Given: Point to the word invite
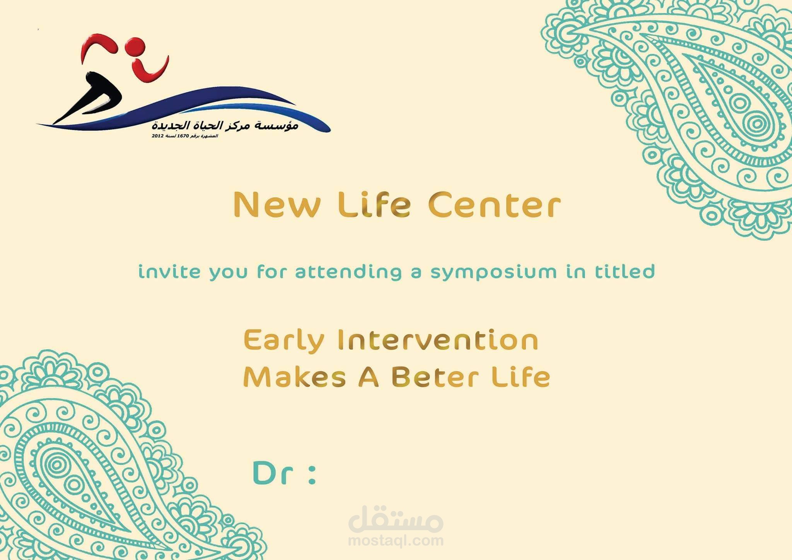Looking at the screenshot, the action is (x=169, y=271).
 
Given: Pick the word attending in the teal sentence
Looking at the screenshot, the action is (x=348, y=272).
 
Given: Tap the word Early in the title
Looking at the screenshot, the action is (x=284, y=341).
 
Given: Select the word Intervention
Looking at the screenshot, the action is (x=438, y=340).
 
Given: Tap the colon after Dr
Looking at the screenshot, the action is (x=312, y=474).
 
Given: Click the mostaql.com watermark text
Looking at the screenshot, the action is (x=396, y=540).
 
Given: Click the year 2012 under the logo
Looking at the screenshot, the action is (x=157, y=136).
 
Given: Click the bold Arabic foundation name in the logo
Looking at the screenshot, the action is (x=225, y=126).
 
